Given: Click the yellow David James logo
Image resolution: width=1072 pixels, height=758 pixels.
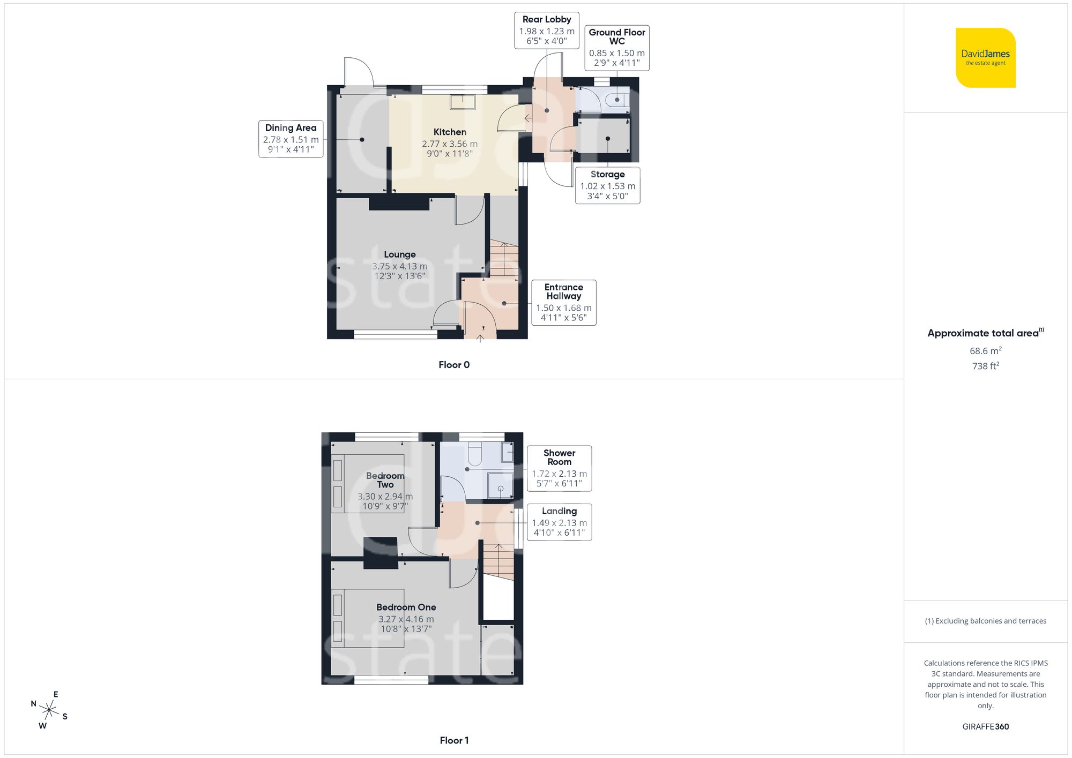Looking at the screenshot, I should point(985,58).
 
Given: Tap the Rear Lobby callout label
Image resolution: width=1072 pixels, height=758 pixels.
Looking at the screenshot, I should point(546,30).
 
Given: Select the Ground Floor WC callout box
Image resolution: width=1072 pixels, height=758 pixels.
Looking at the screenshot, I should point(616,48).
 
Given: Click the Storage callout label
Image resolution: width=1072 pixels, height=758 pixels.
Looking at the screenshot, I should point(607,185).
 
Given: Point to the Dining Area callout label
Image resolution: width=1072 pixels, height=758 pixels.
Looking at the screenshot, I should point(291,139).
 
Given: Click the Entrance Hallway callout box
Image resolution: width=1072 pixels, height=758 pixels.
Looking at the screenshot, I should point(563,303).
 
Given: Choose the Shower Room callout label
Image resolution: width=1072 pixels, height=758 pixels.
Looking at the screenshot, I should point(559,468).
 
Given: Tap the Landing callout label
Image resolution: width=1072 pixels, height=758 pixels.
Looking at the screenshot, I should point(559,522).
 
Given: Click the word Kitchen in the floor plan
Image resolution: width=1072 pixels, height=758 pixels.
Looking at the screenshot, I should point(450,132).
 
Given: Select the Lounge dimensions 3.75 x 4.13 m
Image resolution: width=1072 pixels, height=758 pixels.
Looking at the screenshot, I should point(400,266).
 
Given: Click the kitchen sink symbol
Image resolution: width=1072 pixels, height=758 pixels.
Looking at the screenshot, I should point(463,102).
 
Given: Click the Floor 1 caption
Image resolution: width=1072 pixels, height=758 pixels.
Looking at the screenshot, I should point(454,740).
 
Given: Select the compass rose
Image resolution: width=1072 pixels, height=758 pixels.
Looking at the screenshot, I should point(49,711).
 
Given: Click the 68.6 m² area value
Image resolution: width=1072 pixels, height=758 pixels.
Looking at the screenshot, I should point(985,351).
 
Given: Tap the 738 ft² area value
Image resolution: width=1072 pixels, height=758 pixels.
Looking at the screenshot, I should point(985,366).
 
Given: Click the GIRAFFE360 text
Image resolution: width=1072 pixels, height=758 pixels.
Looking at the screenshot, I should point(985,726).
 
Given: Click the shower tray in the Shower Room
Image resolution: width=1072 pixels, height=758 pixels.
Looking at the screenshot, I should point(501,485).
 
